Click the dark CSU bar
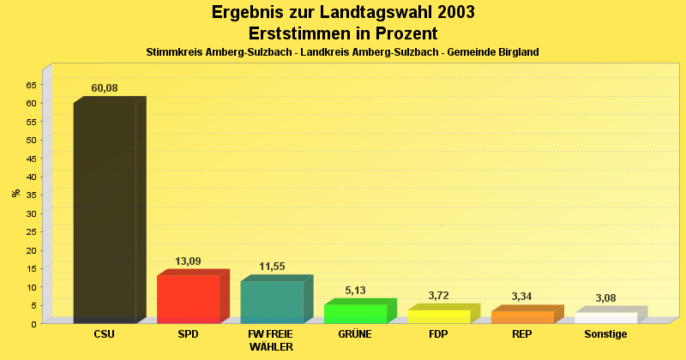(x=105, y=212)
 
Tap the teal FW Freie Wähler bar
(x=272, y=302)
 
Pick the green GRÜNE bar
(x=355, y=314)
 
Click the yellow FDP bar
(x=438, y=316)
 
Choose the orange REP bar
(x=522, y=317)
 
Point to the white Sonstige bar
(x=605, y=318)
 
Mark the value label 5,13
(x=355, y=291)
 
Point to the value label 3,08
(x=605, y=298)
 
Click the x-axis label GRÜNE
(x=355, y=334)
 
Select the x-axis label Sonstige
(x=605, y=334)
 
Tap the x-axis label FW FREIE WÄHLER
(x=271, y=340)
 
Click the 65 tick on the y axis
(x=32, y=85)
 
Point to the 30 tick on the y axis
(x=32, y=213)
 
